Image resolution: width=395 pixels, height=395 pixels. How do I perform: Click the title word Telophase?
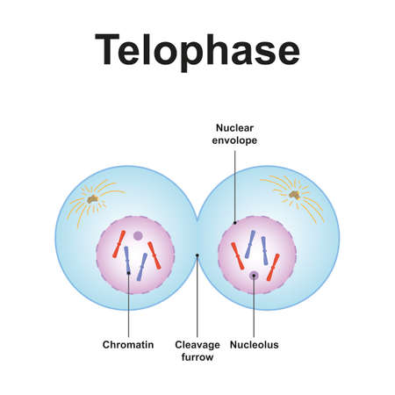coord(197,50)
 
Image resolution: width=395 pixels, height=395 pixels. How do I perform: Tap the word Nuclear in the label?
coord(234,128)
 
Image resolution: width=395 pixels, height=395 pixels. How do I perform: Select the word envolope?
coord(234,140)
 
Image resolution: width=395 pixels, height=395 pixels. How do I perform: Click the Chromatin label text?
coord(128,344)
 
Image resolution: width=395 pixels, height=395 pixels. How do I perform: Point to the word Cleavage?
coord(197,345)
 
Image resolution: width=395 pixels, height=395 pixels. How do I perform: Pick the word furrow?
coord(197,357)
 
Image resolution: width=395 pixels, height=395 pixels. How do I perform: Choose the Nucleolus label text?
coord(255,345)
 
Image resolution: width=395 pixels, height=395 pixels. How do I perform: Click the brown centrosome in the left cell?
coord(93,199)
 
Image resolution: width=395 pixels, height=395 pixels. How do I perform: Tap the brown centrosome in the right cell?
coord(294,195)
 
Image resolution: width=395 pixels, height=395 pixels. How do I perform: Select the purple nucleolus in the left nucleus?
coord(138,235)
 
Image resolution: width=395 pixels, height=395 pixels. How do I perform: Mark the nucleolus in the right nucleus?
coord(254,275)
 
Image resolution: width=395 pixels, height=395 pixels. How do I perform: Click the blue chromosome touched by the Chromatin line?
coord(127,261)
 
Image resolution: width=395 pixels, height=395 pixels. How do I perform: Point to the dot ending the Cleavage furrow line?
coord(197,255)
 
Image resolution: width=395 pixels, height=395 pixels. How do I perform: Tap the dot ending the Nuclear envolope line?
coord(234,223)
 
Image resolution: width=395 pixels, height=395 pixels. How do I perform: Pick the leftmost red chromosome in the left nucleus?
coord(119,244)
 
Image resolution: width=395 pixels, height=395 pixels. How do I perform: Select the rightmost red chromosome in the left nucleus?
coord(154,255)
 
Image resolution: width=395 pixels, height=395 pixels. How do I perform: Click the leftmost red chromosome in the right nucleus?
coord(238,256)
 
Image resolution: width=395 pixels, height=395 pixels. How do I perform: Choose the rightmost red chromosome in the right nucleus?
coord(273,268)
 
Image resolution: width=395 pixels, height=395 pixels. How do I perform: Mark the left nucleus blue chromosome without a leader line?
coord(142,267)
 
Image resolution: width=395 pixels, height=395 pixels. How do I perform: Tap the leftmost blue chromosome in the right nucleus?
coord(250,244)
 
